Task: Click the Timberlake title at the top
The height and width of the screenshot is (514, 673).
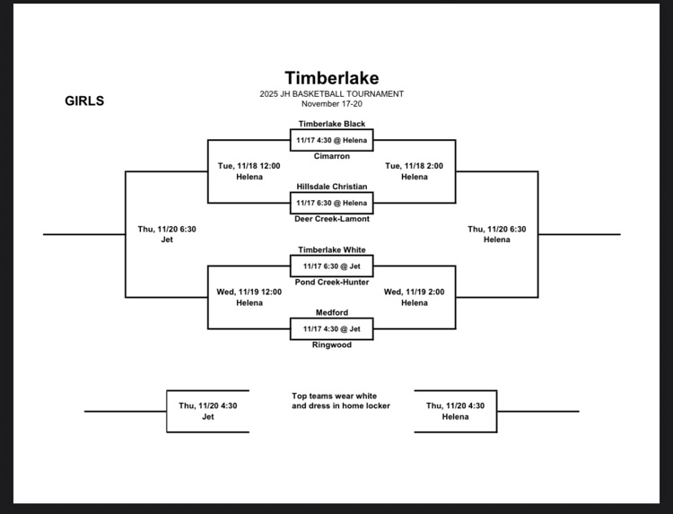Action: click(x=332, y=79)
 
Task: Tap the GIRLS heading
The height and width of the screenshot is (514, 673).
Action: click(x=84, y=101)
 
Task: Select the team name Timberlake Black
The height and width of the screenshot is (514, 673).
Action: click(x=332, y=124)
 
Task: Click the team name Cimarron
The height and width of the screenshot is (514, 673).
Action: click(x=332, y=156)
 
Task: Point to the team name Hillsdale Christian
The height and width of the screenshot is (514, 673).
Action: click(x=332, y=187)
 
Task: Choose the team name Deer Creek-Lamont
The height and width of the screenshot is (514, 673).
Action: click(x=332, y=219)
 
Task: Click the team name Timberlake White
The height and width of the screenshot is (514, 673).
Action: click(x=332, y=249)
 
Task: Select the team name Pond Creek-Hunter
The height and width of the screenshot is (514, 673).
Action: click(x=332, y=282)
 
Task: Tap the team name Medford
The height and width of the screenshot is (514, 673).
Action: click(x=332, y=312)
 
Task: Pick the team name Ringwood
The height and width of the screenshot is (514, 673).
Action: click(x=332, y=344)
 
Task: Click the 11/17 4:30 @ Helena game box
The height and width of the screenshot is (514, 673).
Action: click(x=332, y=140)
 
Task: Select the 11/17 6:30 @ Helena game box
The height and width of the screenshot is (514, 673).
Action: click(x=332, y=203)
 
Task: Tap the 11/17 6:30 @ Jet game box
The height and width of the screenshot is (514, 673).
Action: click(x=332, y=266)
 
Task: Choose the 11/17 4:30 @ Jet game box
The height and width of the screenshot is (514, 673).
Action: click(x=332, y=328)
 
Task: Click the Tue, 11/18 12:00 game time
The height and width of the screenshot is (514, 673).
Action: click(x=249, y=166)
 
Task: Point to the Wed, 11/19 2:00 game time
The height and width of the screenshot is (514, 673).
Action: click(x=414, y=292)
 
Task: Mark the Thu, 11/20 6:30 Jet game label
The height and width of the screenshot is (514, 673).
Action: click(x=167, y=234)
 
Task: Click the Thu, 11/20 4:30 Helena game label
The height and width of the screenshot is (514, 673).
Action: click(x=455, y=411)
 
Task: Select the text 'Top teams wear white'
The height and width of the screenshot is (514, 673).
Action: click(x=334, y=396)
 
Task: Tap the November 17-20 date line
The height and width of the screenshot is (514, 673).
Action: click(x=332, y=104)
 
